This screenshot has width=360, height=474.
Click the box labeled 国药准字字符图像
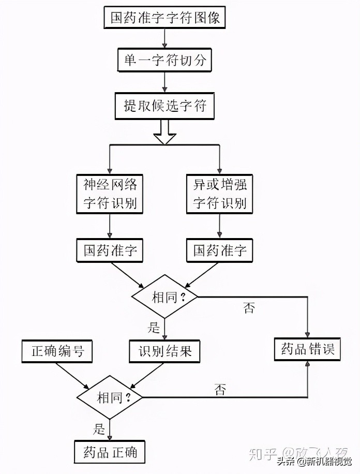pyautogui.click(x=165, y=19)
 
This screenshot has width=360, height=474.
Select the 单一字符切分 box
pyautogui.click(x=165, y=62)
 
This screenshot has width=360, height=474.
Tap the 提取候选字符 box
pyautogui.click(x=165, y=106)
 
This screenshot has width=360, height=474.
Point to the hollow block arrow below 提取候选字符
pyautogui.click(x=165, y=132)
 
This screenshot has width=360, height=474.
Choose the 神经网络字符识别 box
pyautogui.click(x=110, y=193)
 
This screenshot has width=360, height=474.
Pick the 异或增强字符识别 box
pyautogui.click(x=220, y=193)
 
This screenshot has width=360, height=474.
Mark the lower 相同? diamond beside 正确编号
pyautogui.click(x=110, y=398)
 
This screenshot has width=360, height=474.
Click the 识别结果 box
pyautogui.click(x=165, y=351)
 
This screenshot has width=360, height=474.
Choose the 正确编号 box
pyautogui.click(x=57, y=351)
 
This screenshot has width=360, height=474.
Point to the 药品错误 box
pyautogui.click(x=307, y=349)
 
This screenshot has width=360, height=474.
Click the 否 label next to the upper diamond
pyautogui.click(x=249, y=308)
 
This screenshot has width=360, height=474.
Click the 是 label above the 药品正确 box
pyautogui.click(x=99, y=428)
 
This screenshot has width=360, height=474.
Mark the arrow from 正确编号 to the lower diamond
pyautogui.click(x=72, y=375)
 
